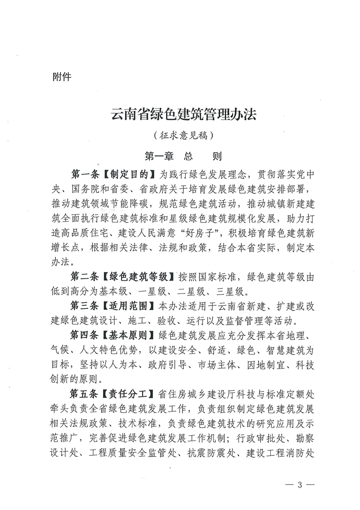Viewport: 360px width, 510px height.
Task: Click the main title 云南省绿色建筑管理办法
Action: (184, 114)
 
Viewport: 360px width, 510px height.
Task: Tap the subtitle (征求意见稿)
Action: (183, 135)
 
